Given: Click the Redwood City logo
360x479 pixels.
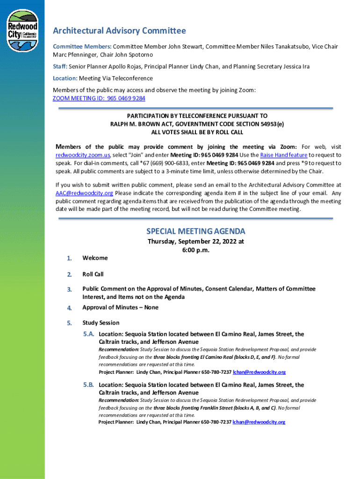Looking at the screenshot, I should pos(22,31).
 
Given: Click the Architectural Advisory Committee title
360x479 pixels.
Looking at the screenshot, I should pos(119,31).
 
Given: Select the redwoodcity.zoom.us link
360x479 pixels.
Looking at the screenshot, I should pos(83,155).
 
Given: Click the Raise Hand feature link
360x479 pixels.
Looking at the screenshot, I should pos(283,155).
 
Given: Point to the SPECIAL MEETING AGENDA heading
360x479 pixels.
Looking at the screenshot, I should pos(195,232).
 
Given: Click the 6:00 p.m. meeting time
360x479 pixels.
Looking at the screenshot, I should pos(195,250).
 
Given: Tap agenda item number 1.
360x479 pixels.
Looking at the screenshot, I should pos(69,258).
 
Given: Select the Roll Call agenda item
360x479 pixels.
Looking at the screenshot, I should pos(93,274).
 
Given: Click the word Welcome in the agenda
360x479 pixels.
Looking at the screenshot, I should pos(95,258).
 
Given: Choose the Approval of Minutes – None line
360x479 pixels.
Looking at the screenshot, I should pos(120,307).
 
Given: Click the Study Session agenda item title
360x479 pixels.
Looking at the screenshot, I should pos(101,323).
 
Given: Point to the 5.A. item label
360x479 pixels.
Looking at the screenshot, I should pos(89,334).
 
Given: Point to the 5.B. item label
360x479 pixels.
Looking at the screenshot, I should pos(89,385).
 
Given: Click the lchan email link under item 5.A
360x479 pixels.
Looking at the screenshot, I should pos(259,372).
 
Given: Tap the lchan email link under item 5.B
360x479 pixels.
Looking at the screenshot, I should pos(259,422).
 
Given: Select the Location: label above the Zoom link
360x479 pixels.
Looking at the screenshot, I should pos(65,78).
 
